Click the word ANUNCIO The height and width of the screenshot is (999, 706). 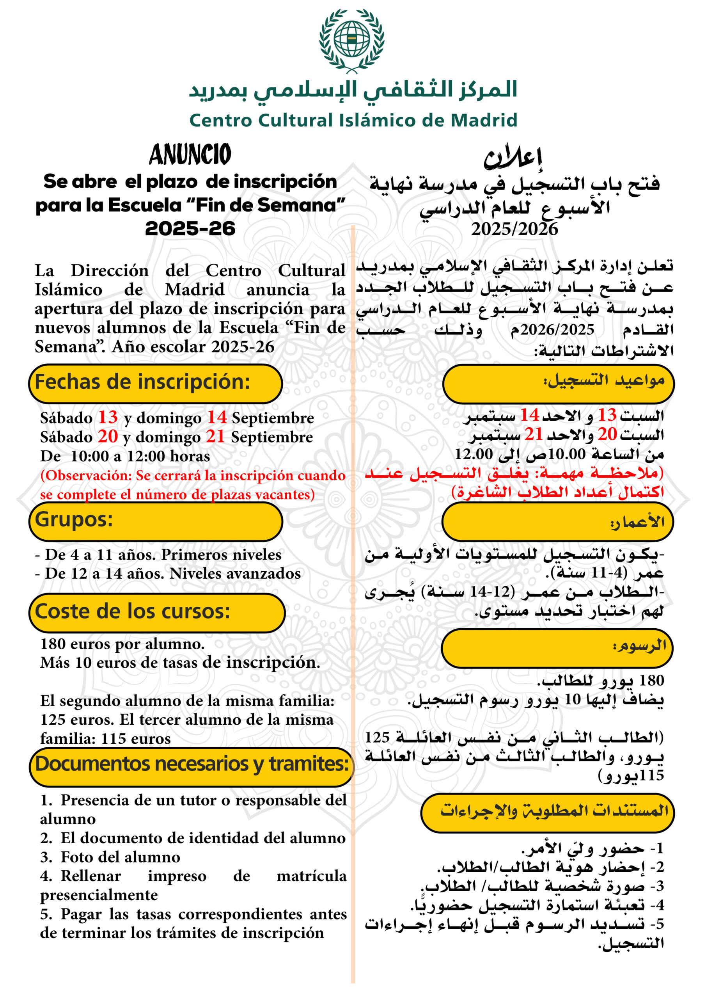190,155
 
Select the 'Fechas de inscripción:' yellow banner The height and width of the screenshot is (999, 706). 155,383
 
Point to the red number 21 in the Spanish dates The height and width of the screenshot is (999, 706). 215,436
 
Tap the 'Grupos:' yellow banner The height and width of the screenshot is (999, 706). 155,521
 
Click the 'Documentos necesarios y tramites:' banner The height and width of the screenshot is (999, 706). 192,764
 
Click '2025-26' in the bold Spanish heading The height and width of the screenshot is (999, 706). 190,228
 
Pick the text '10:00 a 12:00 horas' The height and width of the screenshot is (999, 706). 140,456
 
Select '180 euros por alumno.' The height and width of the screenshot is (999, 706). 122,643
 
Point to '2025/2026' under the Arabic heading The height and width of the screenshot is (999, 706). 514,229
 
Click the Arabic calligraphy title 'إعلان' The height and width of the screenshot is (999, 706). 513,156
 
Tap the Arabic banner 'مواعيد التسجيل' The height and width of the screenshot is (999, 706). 558,383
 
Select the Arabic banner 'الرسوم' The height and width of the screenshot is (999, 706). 557,648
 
